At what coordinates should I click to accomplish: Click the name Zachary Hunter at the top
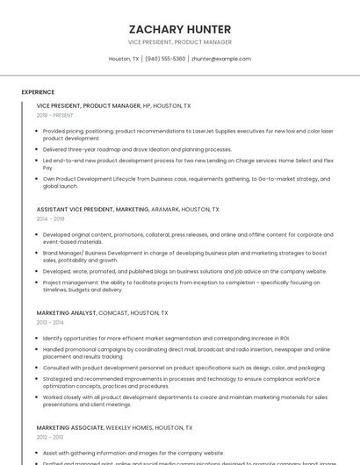pos(180,29)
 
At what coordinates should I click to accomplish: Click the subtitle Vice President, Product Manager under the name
pos(180,42)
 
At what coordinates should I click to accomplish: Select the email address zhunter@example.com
pos(220,59)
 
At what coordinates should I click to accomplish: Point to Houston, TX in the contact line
pos(124,59)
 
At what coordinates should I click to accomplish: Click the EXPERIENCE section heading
pos(38,92)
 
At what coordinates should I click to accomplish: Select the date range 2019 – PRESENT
pos(54,115)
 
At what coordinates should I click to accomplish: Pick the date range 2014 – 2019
pos(50,219)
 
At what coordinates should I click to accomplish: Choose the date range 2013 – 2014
pos(50,323)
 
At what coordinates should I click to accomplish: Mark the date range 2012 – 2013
pos(50,437)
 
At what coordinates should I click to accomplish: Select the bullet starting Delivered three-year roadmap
pos(137,149)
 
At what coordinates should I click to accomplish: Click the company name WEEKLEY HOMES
pos(132,427)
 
